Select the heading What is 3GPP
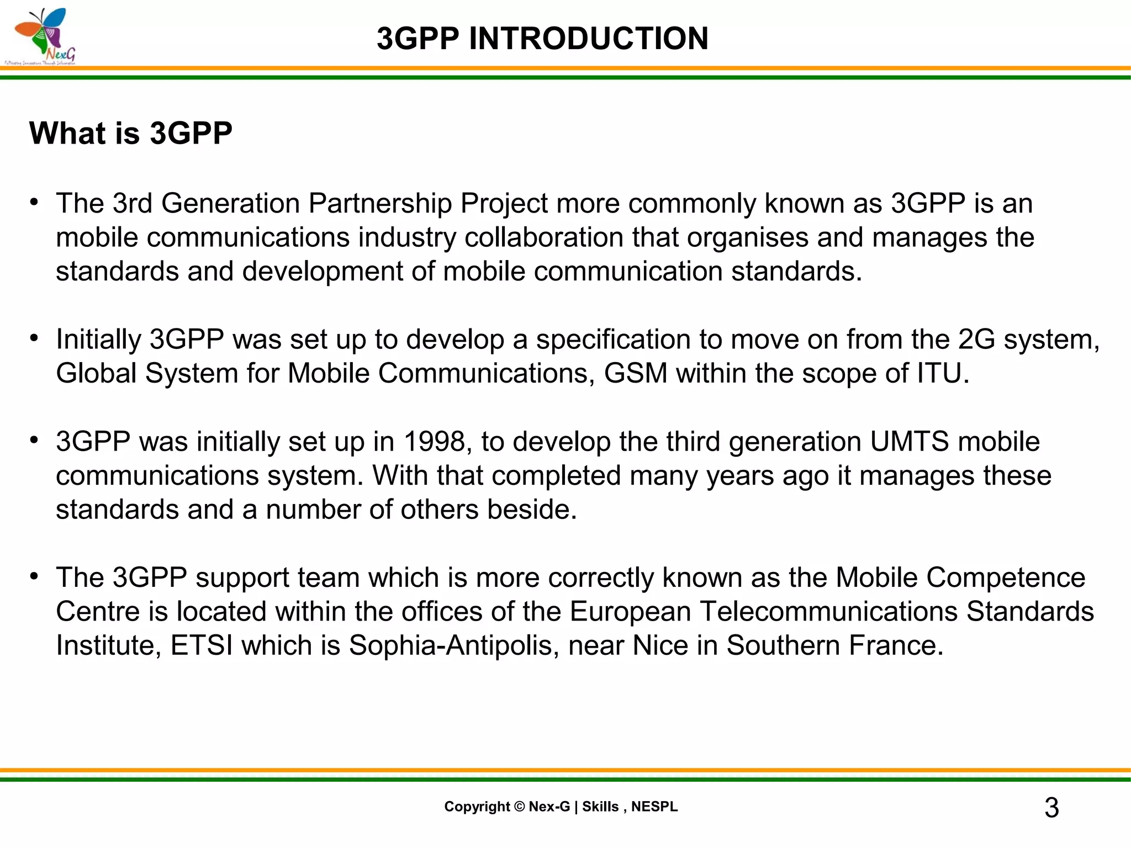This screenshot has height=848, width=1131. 131,133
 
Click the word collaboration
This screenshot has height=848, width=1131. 544,237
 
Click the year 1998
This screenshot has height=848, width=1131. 434,442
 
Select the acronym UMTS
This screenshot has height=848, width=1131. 909,442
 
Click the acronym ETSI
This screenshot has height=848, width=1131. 202,645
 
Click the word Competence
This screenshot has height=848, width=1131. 1006,577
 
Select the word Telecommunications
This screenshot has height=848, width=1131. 828,612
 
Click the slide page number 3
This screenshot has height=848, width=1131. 1051,808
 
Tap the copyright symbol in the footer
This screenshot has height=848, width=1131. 519,807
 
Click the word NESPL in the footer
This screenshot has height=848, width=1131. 654,807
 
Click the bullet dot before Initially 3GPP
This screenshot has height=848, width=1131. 34,338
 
